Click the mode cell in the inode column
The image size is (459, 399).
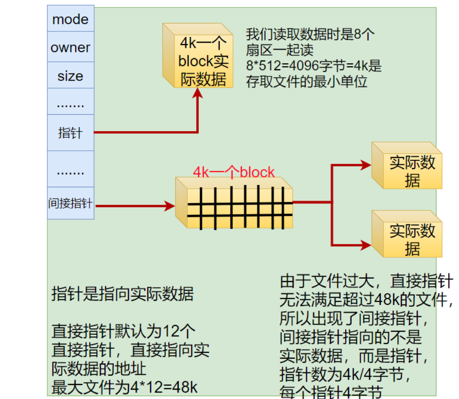click(70, 19)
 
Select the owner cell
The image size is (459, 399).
click(70, 47)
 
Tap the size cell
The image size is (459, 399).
click(70, 76)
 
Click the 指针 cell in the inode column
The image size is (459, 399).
click(70, 133)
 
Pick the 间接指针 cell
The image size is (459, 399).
click(70, 204)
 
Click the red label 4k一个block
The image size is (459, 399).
click(233, 172)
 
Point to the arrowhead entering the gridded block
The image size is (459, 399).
click(170, 206)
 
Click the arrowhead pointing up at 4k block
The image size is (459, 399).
click(198, 93)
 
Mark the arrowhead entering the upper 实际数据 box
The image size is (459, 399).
click(366, 164)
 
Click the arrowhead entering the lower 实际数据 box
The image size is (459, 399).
click(366, 244)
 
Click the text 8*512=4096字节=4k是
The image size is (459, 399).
click(314, 66)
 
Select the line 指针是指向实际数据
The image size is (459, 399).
click(122, 295)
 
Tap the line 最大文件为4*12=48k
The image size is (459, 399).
click(125, 387)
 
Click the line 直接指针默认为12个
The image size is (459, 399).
click(123, 331)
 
